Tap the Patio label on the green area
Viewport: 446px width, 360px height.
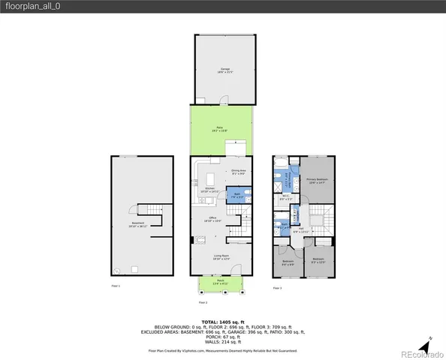(220, 129)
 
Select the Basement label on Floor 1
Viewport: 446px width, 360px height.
(137, 223)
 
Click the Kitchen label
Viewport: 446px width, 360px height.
(200, 190)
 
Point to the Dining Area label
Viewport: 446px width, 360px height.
(240, 172)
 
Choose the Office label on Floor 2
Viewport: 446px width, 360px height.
(214, 219)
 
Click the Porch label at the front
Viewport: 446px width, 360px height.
(220, 284)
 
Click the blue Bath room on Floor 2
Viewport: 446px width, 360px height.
(237, 195)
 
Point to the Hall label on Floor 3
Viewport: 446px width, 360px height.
(300, 230)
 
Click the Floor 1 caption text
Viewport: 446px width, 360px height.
(116, 286)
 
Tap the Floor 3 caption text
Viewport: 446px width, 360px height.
(277, 286)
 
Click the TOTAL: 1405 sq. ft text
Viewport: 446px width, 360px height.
(222, 321)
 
